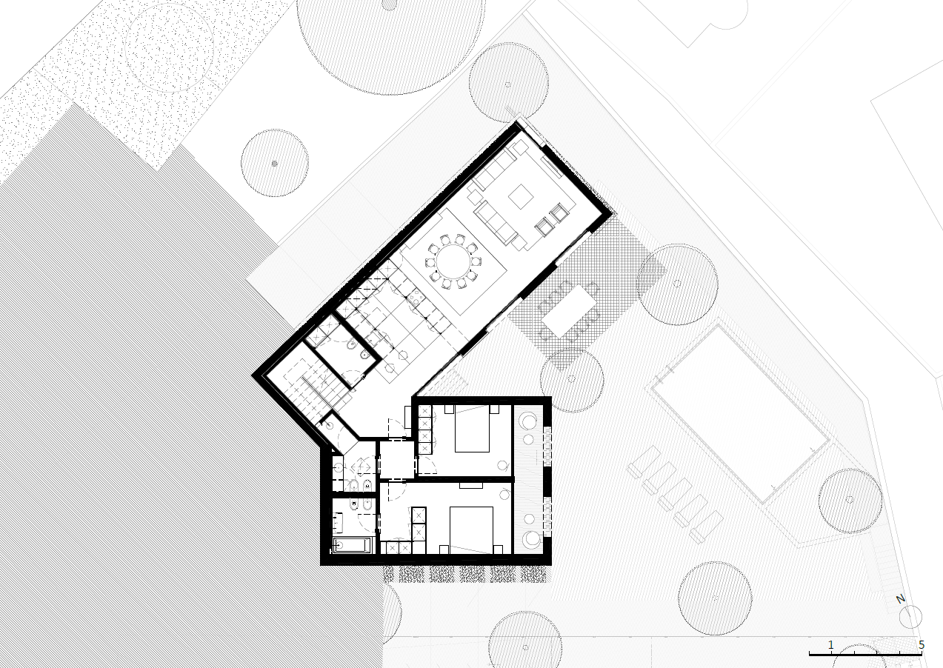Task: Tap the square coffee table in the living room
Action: (x=522, y=196)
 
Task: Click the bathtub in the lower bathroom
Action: (x=352, y=546)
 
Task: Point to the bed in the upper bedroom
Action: (x=473, y=429)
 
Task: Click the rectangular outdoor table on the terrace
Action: (x=568, y=311)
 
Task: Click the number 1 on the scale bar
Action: (x=830, y=644)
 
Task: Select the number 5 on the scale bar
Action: (x=922, y=644)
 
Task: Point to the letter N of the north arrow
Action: (x=901, y=599)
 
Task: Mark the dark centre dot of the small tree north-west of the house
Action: (x=275, y=164)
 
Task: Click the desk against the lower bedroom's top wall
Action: (x=470, y=485)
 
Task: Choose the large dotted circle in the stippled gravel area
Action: (x=169, y=47)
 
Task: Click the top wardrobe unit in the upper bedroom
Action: (x=424, y=411)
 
